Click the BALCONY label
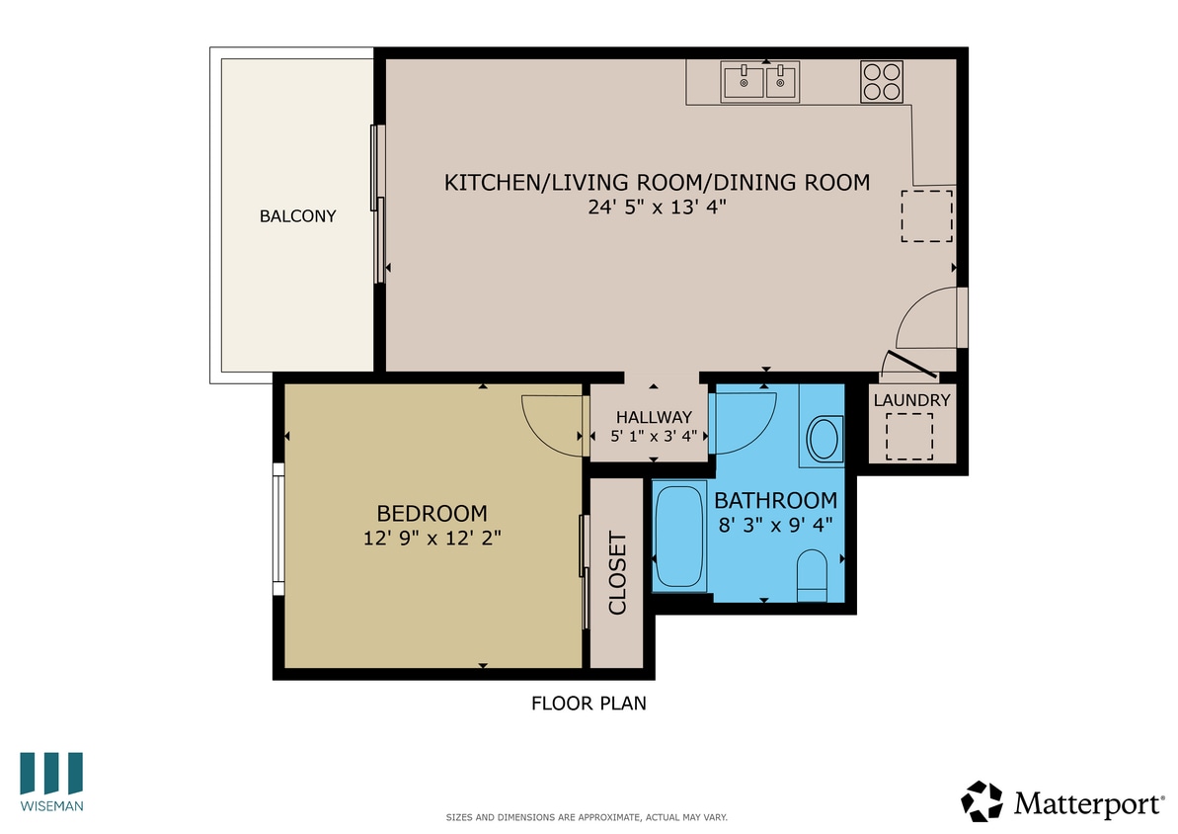pyautogui.click(x=297, y=216)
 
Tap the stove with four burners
pyautogui.click(x=882, y=81)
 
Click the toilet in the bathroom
pyautogui.click(x=812, y=575)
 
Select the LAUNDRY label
pyautogui.click(x=911, y=400)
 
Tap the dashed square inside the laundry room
pyautogui.click(x=909, y=437)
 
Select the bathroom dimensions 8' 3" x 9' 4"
pyautogui.click(x=776, y=524)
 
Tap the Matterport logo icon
pyautogui.click(x=982, y=801)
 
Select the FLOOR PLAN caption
pyautogui.click(x=589, y=704)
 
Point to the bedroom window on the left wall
pyautogui.click(x=279, y=530)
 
